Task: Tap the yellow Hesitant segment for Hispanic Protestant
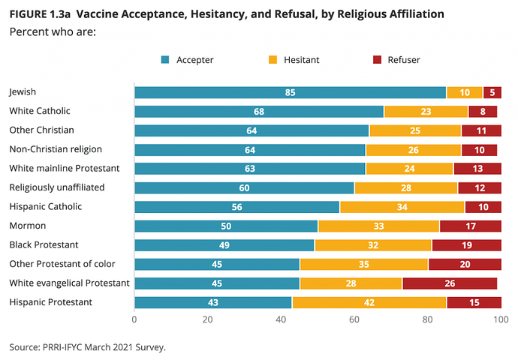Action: pos(369,302)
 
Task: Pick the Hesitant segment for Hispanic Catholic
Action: pos(402,206)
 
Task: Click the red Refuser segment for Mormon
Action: pos(470,226)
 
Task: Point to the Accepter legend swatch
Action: pos(165,60)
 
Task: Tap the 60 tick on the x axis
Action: pos(354,320)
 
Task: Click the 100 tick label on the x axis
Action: pos(501,320)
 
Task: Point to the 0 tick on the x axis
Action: pos(134,320)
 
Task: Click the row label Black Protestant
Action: pos(44,244)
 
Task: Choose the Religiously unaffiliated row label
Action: pos(56,187)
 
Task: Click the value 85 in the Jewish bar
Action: pos(290,92)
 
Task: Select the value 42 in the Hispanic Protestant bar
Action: pos(369,302)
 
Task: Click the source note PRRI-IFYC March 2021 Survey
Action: pos(87,346)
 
